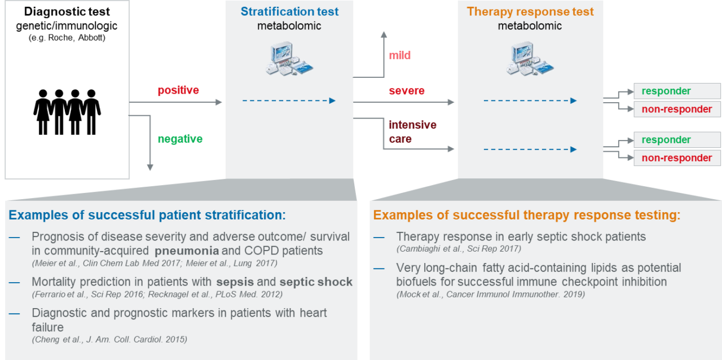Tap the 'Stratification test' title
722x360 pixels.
click(x=289, y=12)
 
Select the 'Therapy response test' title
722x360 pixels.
click(x=530, y=12)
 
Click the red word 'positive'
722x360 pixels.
click(x=178, y=90)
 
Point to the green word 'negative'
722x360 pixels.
click(x=180, y=139)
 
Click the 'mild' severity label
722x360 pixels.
click(x=399, y=55)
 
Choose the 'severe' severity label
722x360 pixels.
click(x=407, y=91)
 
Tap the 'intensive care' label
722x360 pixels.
click(x=412, y=131)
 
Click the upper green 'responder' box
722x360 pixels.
click(x=677, y=91)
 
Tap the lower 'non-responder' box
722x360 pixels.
click(x=677, y=158)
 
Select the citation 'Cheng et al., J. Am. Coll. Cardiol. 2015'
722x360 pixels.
click(x=109, y=339)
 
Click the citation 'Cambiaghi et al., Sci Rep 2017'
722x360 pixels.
click(x=459, y=249)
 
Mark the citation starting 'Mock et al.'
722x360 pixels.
click(x=491, y=294)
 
